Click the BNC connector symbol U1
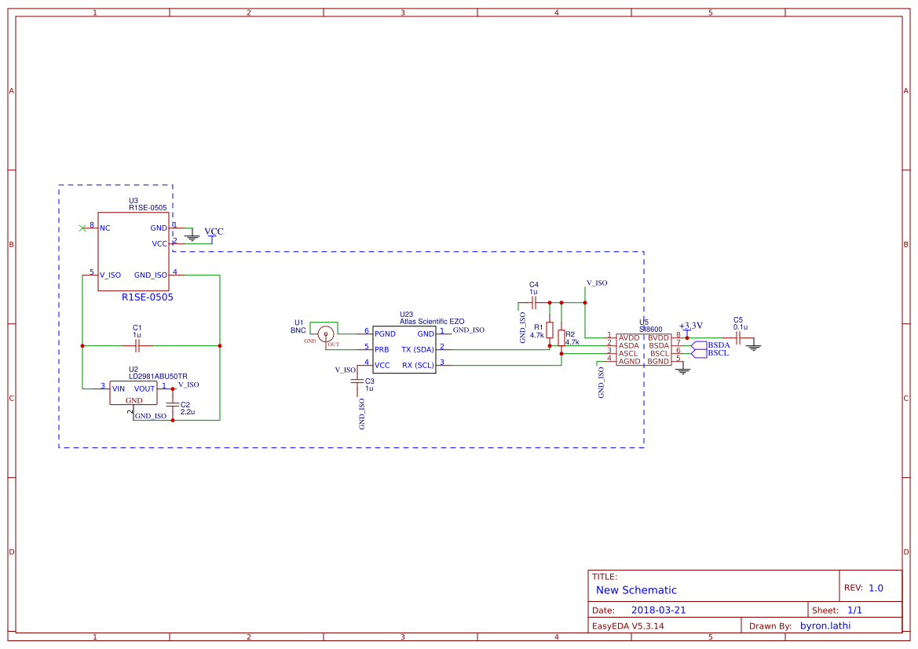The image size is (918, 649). coord(325,334)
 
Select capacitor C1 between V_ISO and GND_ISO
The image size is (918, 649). coord(137,345)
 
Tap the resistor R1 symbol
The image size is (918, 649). coord(550,330)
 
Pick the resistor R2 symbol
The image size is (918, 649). coord(561,338)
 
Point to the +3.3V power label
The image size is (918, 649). coord(690,326)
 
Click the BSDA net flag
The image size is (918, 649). coord(718,345)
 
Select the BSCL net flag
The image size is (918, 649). coord(718,353)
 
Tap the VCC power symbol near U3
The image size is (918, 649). coord(214,232)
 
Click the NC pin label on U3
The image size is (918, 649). coord(105,228)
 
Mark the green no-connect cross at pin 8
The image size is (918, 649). coord(82,228)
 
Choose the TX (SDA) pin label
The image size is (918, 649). coord(417,349)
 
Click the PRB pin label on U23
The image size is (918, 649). coord(382,349)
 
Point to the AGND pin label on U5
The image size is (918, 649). coord(629,361)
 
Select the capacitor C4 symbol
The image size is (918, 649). coord(534,301)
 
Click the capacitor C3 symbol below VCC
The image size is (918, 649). coord(358,381)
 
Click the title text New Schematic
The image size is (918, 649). coord(636,590)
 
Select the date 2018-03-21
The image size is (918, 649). coord(658,610)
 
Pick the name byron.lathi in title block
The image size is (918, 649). coord(825,625)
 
